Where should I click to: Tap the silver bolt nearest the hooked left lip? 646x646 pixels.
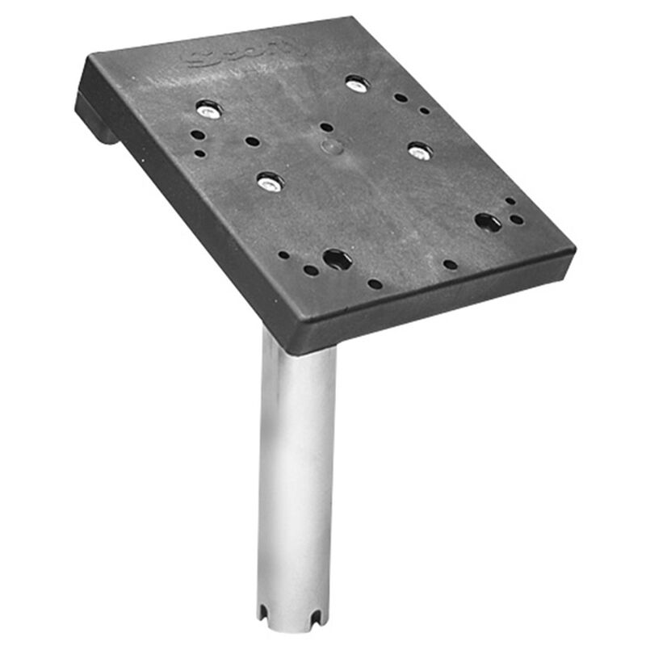pyautogui.click(x=208, y=108)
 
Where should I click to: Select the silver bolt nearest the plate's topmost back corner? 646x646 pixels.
pyautogui.click(x=356, y=82)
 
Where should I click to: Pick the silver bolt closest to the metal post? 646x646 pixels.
pyautogui.click(x=269, y=182)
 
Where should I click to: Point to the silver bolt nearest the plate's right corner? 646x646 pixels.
pyautogui.click(x=419, y=150)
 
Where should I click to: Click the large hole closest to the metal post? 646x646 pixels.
pyautogui.click(x=336, y=259)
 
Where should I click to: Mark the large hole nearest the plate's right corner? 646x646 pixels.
pyautogui.click(x=487, y=221)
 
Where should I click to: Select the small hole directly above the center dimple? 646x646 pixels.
pyautogui.click(x=325, y=127)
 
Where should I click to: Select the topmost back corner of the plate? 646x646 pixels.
pyautogui.click(x=354, y=17)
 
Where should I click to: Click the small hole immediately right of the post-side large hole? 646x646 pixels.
pyautogui.click(x=374, y=283)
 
